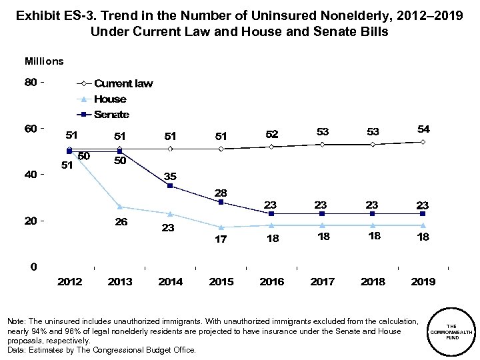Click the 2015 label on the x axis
(221, 282)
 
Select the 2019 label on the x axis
(423, 282)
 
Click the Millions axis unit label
(44, 61)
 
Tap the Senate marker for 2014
(170, 186)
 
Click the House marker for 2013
(120, 207)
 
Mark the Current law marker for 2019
(423, 142)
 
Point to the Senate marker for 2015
(221, 202)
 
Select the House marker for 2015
(221, 227)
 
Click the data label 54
(423, 128)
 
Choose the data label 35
(171, 176)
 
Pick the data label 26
(120, 221)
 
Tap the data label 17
(221, 239)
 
